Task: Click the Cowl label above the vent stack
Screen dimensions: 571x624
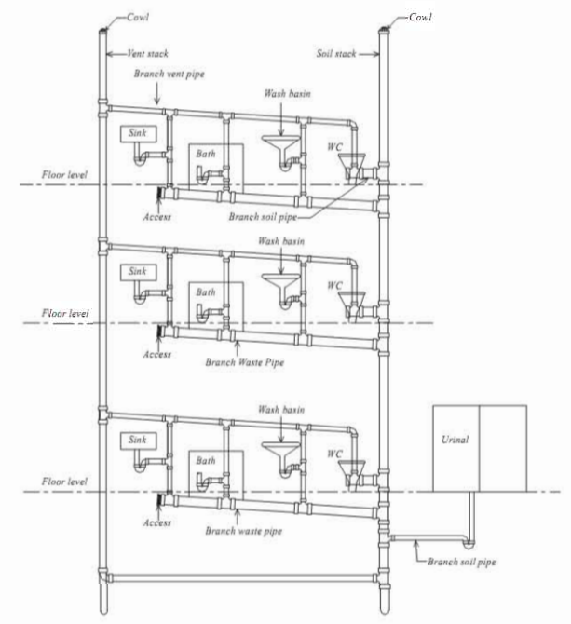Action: [x=138, y=17]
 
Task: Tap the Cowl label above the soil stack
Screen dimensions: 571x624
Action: [x=421, y=17]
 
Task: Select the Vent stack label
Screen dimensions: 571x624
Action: [x=147, y=54]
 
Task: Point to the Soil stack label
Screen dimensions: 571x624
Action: [x=336, y=54]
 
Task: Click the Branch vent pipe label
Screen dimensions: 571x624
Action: [x=170, y=74]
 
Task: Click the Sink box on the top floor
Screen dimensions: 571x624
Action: [x=139, y=134]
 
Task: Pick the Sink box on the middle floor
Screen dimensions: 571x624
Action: [x=139, y=272]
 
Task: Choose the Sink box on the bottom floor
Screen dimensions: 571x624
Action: [x=139, y=441]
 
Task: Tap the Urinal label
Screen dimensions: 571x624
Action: [x=455, y=440]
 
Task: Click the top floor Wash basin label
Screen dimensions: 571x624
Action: [x=287, y=94]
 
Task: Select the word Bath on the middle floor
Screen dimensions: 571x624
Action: [x=206, y=292]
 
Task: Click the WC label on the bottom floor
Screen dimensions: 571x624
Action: [x=334, y=454]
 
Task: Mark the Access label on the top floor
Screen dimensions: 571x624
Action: [x=157, y=217]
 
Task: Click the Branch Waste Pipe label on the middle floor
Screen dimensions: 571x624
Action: [x=245, y=362]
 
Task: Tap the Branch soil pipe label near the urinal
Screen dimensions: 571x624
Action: [x=462, y=562]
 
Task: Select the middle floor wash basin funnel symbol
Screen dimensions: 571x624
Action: [x=281, y=282]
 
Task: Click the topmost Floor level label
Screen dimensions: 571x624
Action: [x=64, y=175]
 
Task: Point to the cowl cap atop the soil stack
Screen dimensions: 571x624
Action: [x=384, y=29]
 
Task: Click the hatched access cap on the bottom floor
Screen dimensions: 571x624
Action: [x=161, y=499]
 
